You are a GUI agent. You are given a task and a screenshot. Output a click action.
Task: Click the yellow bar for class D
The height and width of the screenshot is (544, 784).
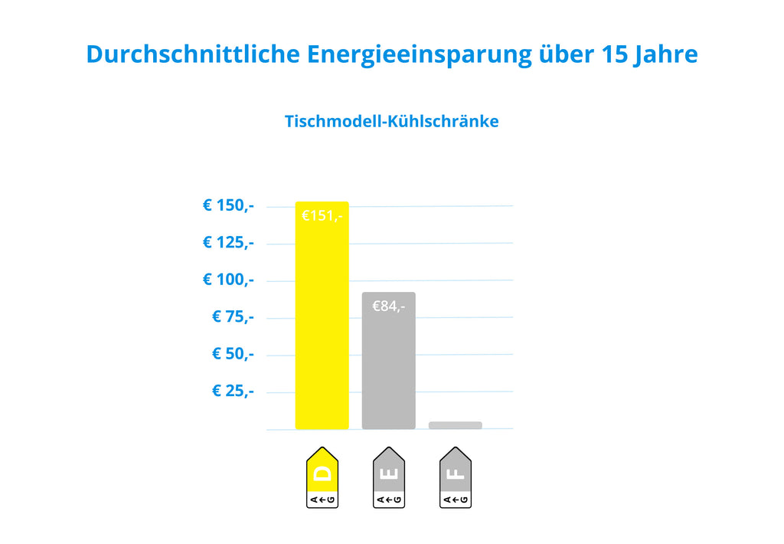tap(322, 315)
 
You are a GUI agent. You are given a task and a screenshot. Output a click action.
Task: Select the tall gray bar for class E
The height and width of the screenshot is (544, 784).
tap(388, 360)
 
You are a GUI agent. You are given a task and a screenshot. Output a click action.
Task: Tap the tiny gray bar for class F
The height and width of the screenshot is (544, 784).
tap(455, 425)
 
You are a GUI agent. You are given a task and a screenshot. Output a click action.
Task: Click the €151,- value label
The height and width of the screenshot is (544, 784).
tap(322, 216)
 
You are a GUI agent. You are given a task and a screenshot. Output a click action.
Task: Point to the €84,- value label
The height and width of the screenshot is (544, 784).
tap(388, 306)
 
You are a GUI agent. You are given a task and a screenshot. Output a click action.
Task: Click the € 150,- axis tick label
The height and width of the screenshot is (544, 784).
tap(228, 205)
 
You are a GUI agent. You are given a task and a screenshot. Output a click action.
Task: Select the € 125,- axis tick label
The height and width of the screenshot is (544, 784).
tap(228, 242)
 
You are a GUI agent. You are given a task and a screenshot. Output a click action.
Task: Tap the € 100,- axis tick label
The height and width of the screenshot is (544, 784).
tap(228, 279)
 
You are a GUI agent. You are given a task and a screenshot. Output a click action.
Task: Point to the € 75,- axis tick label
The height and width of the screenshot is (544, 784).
tap(233, 316)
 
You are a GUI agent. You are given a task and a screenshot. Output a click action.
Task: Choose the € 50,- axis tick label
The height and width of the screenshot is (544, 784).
tap(233, 353)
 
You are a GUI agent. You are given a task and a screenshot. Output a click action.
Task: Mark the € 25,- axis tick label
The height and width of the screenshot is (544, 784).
tap(233, 390)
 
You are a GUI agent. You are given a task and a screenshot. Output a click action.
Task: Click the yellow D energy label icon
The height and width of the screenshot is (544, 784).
tap(322, 477)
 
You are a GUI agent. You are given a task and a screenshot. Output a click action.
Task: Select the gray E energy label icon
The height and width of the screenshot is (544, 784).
tap(388, 477)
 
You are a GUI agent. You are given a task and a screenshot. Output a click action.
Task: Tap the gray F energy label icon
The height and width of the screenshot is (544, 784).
tap(455, 477)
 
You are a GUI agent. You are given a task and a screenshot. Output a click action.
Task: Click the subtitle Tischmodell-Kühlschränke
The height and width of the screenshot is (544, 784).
tap(391, 121)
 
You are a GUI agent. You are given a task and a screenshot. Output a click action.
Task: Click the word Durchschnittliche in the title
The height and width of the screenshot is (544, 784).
tap(193, 54)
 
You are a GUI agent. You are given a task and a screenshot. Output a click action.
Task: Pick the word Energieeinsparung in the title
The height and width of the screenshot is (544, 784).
tap(419, 55)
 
